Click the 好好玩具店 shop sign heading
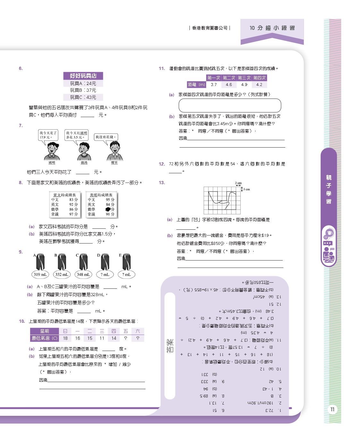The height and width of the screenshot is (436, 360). point(83,76)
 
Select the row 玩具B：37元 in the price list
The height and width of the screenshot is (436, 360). point(83,90)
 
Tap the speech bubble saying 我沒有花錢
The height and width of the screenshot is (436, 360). point(106,137)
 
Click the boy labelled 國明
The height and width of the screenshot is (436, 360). point(52,151)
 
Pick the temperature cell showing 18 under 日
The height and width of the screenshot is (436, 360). point(65,338)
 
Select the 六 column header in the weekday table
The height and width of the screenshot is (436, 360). point(138,331)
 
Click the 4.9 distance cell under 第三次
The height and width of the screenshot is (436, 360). point(244,85)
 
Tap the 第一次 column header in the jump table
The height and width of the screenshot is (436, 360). point(214,78)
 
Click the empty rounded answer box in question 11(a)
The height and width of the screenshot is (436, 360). point(230,105)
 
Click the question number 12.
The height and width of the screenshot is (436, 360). point(162,164)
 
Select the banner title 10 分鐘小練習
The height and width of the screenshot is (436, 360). point(272,28)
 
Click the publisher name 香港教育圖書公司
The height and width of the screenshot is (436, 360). point(210,28)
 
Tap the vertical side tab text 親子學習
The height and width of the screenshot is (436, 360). point(329,189)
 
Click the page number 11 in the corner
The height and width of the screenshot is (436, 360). point(332,409)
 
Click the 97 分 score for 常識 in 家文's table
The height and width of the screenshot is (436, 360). point(73,214)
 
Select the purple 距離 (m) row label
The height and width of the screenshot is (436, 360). point(197,85)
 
